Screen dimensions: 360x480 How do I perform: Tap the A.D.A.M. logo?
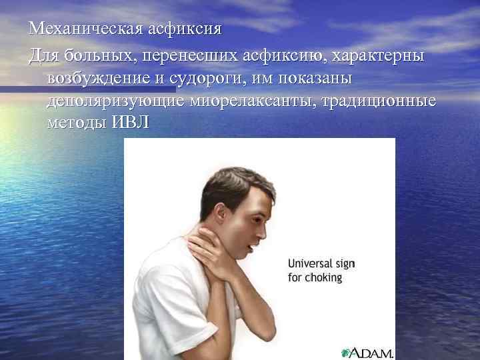pyautogui.click(x=367, y=352)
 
